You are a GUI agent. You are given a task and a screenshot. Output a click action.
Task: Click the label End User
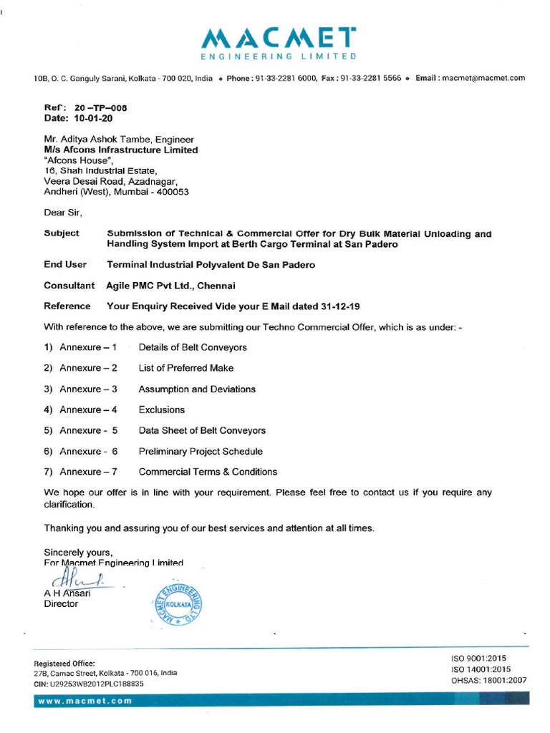tap(65, 264)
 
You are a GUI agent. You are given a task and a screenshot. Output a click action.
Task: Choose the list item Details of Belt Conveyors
tap(193, 347)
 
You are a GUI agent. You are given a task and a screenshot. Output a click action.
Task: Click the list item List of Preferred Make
tap(186, 368)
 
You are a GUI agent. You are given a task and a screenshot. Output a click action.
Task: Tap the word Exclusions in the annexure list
tap(162, 409)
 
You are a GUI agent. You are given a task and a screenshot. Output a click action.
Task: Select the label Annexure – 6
tap(88, 451)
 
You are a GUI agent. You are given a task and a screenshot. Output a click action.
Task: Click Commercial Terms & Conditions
tap(208, 472)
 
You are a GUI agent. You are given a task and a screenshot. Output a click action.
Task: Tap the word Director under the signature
tap(62, 603)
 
